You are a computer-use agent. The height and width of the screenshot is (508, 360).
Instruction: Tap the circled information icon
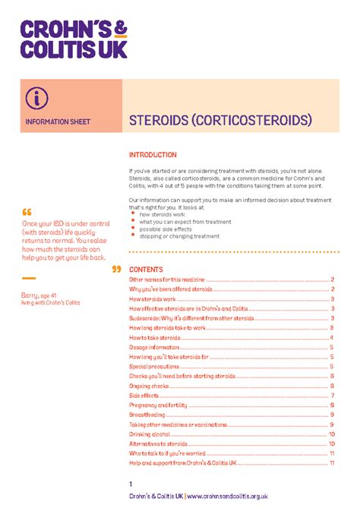tap(35, 97)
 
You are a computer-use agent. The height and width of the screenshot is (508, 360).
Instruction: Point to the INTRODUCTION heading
tap(153, 155)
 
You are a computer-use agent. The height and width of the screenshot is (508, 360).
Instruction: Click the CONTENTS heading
tap(146, 270)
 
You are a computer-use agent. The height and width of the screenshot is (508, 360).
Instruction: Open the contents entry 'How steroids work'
tap(154, 299)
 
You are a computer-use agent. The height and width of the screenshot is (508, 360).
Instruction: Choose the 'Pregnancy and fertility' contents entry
tap(158, 405)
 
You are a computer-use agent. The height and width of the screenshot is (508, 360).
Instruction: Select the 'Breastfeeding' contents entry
tap(146, 415)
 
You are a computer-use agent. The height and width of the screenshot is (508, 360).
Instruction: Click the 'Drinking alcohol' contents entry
tap(150, 434)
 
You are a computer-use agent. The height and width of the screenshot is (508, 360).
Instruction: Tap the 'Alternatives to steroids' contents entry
tap(158, 443)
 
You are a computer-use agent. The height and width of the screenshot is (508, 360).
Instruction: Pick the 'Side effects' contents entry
tap(144, 396)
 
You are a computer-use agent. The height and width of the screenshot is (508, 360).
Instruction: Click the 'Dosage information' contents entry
tap(154, 347)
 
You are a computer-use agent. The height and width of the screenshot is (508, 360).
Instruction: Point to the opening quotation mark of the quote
tap(27, 212)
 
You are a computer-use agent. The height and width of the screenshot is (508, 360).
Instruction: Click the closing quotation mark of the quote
tap(116, 269)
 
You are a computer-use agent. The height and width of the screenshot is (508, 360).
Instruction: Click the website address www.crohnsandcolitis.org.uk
tap(227, 496)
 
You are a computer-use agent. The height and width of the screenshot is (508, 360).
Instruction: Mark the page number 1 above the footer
tap(131, 484)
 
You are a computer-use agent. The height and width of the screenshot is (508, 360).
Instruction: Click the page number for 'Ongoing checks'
tap(333, 386)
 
